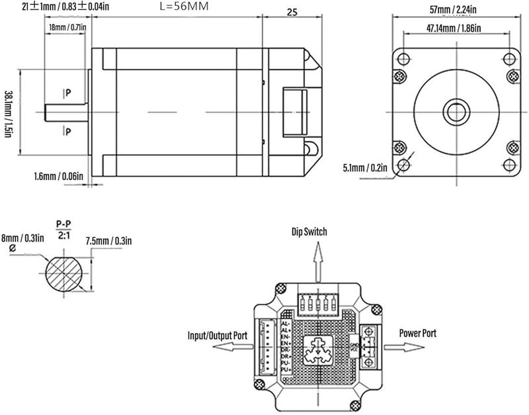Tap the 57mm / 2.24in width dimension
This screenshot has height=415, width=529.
click(454, 9)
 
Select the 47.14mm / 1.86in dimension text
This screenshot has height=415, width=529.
click(453, 28)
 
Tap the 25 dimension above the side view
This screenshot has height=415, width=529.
click(292, 12)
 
